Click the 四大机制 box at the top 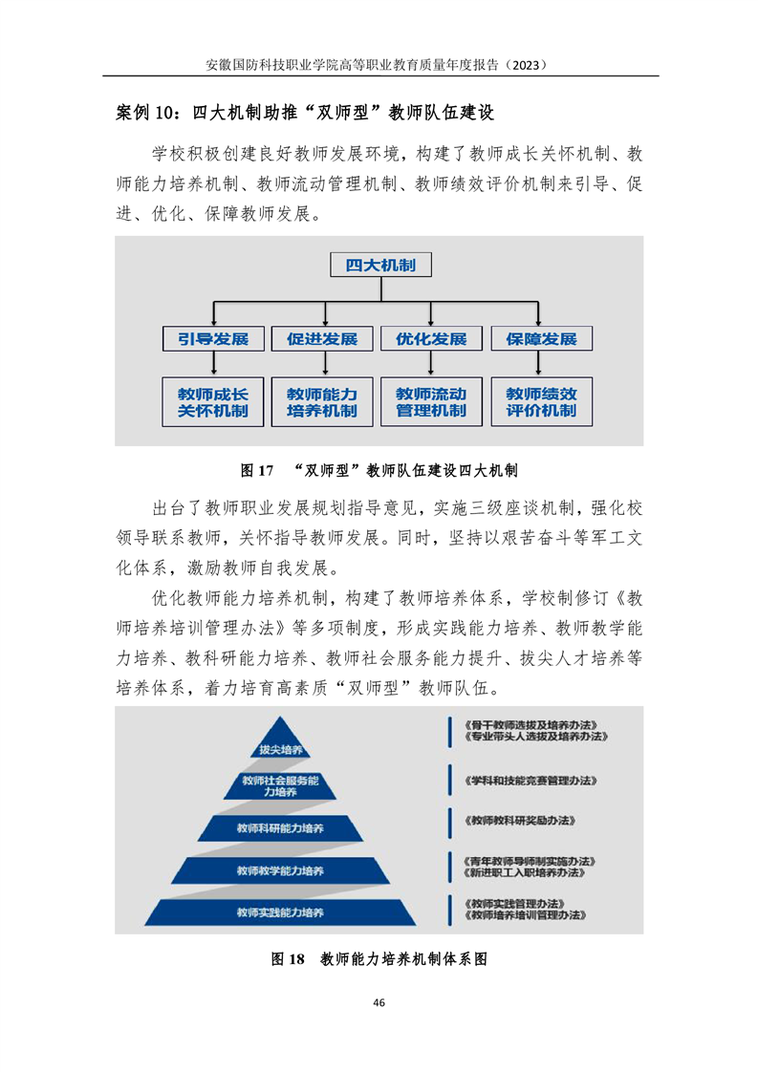pyautogui.click(x=380, y=265)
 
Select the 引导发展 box pyautogui.click(x=213, y=338)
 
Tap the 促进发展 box pyautogui.click(x=322, y=338)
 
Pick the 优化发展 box pyautogui.click(x=431, y=338)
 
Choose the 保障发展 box pyautogui.click(x=542, y=338)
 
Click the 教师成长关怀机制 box pyautogui.click(x=213, y=402)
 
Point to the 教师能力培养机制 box pyautogui.click(x=322, y=402)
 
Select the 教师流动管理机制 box pyautogui.click(x=431, y=402)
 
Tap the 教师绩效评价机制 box pyautogui.click(x=542, y=402)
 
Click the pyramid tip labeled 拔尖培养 pyautogui.click(x=280, y=742)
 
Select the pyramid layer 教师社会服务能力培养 pyautogui.click(x=280, y=785)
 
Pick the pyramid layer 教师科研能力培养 pyautogui.click(x=280, y=828)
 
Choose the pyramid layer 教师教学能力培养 pyautogui.click(x=280, y=870)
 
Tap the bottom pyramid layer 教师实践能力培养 pyautogui.click(x=280, y=912)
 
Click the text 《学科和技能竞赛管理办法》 pyautogui.click(x=531, y=780)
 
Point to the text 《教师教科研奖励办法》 pyautogui.click(x=520, y=821)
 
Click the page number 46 pyautogui.click(x=379, y=1002)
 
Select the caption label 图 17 pyautogui.click(x=257, y=470)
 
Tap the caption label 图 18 pyautogui.click(x=288, y=958)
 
